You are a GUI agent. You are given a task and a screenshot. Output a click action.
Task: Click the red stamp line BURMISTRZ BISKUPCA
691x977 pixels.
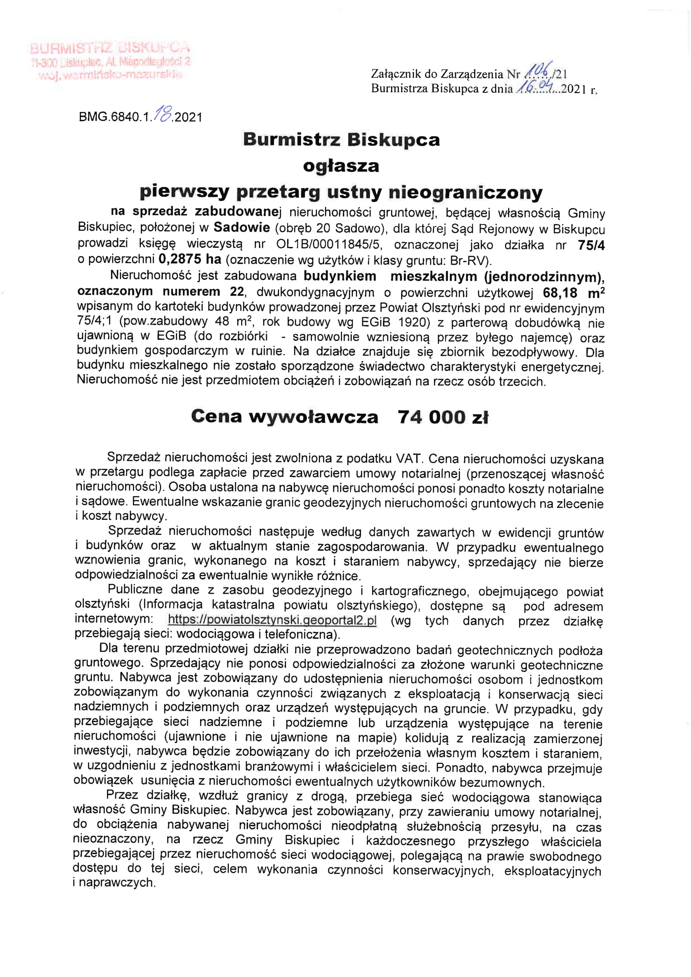[x=110, y=47]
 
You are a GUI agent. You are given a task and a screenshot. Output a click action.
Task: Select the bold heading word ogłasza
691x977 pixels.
[x=341, y=166]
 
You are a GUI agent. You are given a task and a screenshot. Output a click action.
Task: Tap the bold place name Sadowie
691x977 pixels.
[x=241, y=228]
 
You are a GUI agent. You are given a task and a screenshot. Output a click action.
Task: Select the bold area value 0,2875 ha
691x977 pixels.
[x=190, y=259]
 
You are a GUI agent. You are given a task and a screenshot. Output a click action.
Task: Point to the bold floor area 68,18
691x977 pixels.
[x=560, y=293]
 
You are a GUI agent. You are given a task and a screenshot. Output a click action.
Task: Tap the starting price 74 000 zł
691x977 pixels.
[x=443, y=417]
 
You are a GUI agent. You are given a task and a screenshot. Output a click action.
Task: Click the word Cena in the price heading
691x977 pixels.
[x=216, y=417]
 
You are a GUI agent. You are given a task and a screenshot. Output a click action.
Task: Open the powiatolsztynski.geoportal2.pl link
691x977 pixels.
[x=272, y=620]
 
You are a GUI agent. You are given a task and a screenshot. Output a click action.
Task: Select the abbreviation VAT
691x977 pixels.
[x=409, y=458]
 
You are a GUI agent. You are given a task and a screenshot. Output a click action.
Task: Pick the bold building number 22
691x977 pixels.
[x=237, y=292]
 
